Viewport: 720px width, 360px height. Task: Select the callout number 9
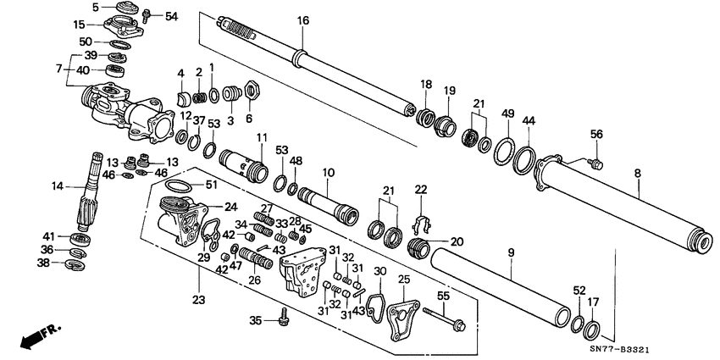click(x=512, y=252)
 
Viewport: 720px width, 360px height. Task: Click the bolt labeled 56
click(x=596, y=160)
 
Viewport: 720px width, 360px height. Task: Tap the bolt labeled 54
click(x=147, y=15)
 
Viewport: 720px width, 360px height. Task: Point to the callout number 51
click(x=212, y=186)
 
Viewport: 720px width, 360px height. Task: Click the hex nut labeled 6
click(x=250, y=87)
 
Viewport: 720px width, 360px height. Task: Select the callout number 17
click(x=593, y=301)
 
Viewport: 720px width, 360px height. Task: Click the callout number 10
click(x=328, y=172)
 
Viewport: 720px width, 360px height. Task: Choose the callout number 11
click(x=262, y=137)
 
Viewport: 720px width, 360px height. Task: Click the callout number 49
click(x=507, y=114)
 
